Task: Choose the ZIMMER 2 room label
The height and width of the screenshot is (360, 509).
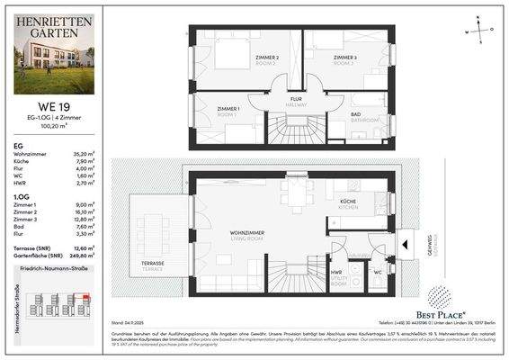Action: point(266,60)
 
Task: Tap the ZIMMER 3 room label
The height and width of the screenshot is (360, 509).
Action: point(344,58)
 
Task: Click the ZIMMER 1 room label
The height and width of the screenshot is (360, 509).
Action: point(228,110)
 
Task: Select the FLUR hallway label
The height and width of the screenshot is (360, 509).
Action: point(295,100)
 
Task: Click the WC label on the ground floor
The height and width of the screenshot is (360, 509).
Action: point(378,271)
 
